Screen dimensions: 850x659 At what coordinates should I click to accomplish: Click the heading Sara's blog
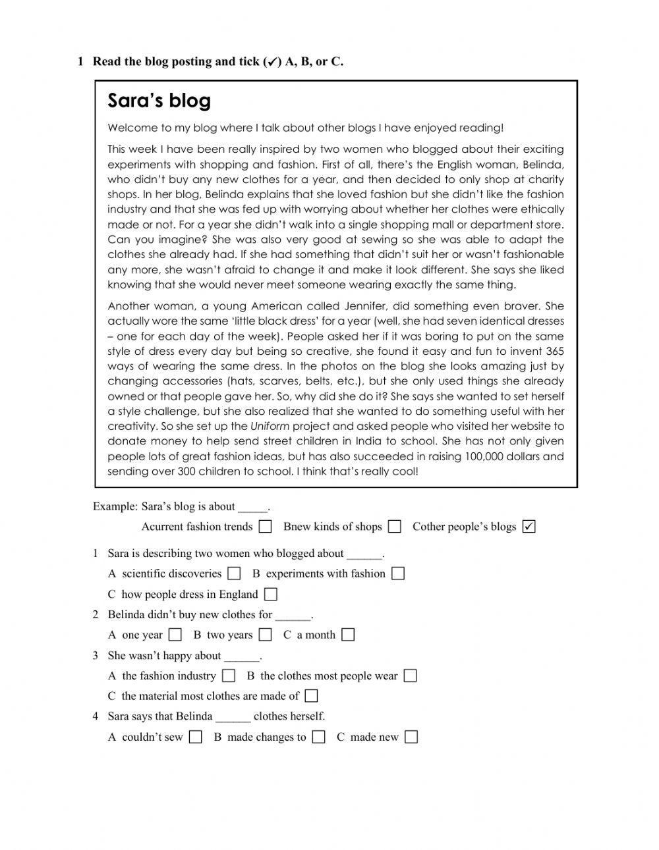coord(159,101)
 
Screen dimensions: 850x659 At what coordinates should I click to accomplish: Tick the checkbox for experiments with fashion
coord(397,573)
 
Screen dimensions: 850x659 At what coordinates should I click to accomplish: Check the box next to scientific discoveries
coord(234,573)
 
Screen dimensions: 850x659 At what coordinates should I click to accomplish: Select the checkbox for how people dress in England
coord(270,595)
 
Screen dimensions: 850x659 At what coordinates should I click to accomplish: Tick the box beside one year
coord(175,635)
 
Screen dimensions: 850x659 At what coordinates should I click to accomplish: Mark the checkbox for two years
coord(265,635)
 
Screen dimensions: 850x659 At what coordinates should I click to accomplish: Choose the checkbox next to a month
coord(348,635)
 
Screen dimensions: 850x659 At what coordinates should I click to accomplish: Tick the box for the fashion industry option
coord(229,676)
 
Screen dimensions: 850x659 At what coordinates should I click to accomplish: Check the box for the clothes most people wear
coord(410,676)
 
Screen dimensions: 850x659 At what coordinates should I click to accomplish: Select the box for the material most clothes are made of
coord(312,696)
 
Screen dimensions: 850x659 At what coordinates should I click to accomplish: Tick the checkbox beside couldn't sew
coord(195,737)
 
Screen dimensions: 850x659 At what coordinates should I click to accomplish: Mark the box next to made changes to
coord(318,737)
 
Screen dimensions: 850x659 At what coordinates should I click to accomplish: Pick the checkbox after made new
coord(411,737)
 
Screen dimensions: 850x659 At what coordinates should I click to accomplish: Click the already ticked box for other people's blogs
coord(529,527)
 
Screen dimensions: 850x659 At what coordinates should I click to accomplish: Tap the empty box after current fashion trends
coord(265,527)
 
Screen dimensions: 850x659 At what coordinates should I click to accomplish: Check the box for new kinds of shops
coord(394,527)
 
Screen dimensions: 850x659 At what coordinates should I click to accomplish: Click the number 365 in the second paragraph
coord(555,351)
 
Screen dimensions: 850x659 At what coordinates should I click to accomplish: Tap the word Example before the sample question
coord(115,506)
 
